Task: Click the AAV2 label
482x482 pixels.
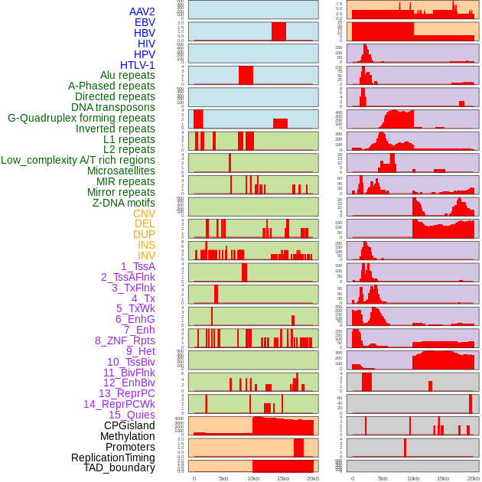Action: click(x=142, y=11)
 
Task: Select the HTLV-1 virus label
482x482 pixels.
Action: click(x=137, y=65)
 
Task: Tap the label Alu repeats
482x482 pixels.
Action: click(x=127, y=75)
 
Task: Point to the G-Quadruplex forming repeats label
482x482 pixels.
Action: click(x=81, y=118)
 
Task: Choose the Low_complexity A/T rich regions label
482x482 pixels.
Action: click(x=77, y=160)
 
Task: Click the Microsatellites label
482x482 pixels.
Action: click(x=120, y=171)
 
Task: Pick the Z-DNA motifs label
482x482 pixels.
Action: click(x=123, y=203)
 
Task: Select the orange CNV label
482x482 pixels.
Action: click(x=144, y=213)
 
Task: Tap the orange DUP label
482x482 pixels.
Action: click(x=144, y=234)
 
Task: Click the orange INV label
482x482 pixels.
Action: click(x=146, y=256)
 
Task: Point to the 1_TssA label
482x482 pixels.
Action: click(x=138, y=266)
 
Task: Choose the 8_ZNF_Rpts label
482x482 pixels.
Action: click(x=125, y=340)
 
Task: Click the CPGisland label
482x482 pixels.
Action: click(x=129, y=425)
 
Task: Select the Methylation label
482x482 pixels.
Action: click(x=127, y=436)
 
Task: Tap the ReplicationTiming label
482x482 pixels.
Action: click(x=112, y=458)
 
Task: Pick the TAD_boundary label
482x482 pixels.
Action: click(x=119, y=467)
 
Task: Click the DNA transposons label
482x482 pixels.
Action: click(x=112, y=107)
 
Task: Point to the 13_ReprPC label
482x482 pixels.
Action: click(x=126, y=393)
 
